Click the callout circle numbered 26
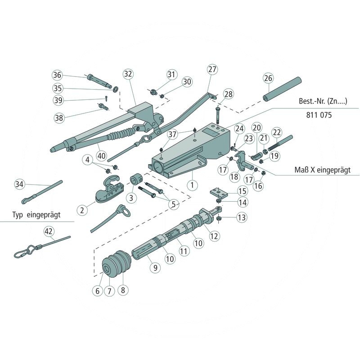click(x=268, y=78)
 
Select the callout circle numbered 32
click(x=128, y=74)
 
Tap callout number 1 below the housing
click(x=192, y=184)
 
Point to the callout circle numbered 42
click(x=49, y=232)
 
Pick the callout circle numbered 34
click(x=19, y=184)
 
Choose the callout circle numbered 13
click(x=242, y=217)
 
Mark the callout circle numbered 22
click(x=277, y=132)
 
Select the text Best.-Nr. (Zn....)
click(x=322, y=101)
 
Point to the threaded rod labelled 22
click(x=282, y=142)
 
